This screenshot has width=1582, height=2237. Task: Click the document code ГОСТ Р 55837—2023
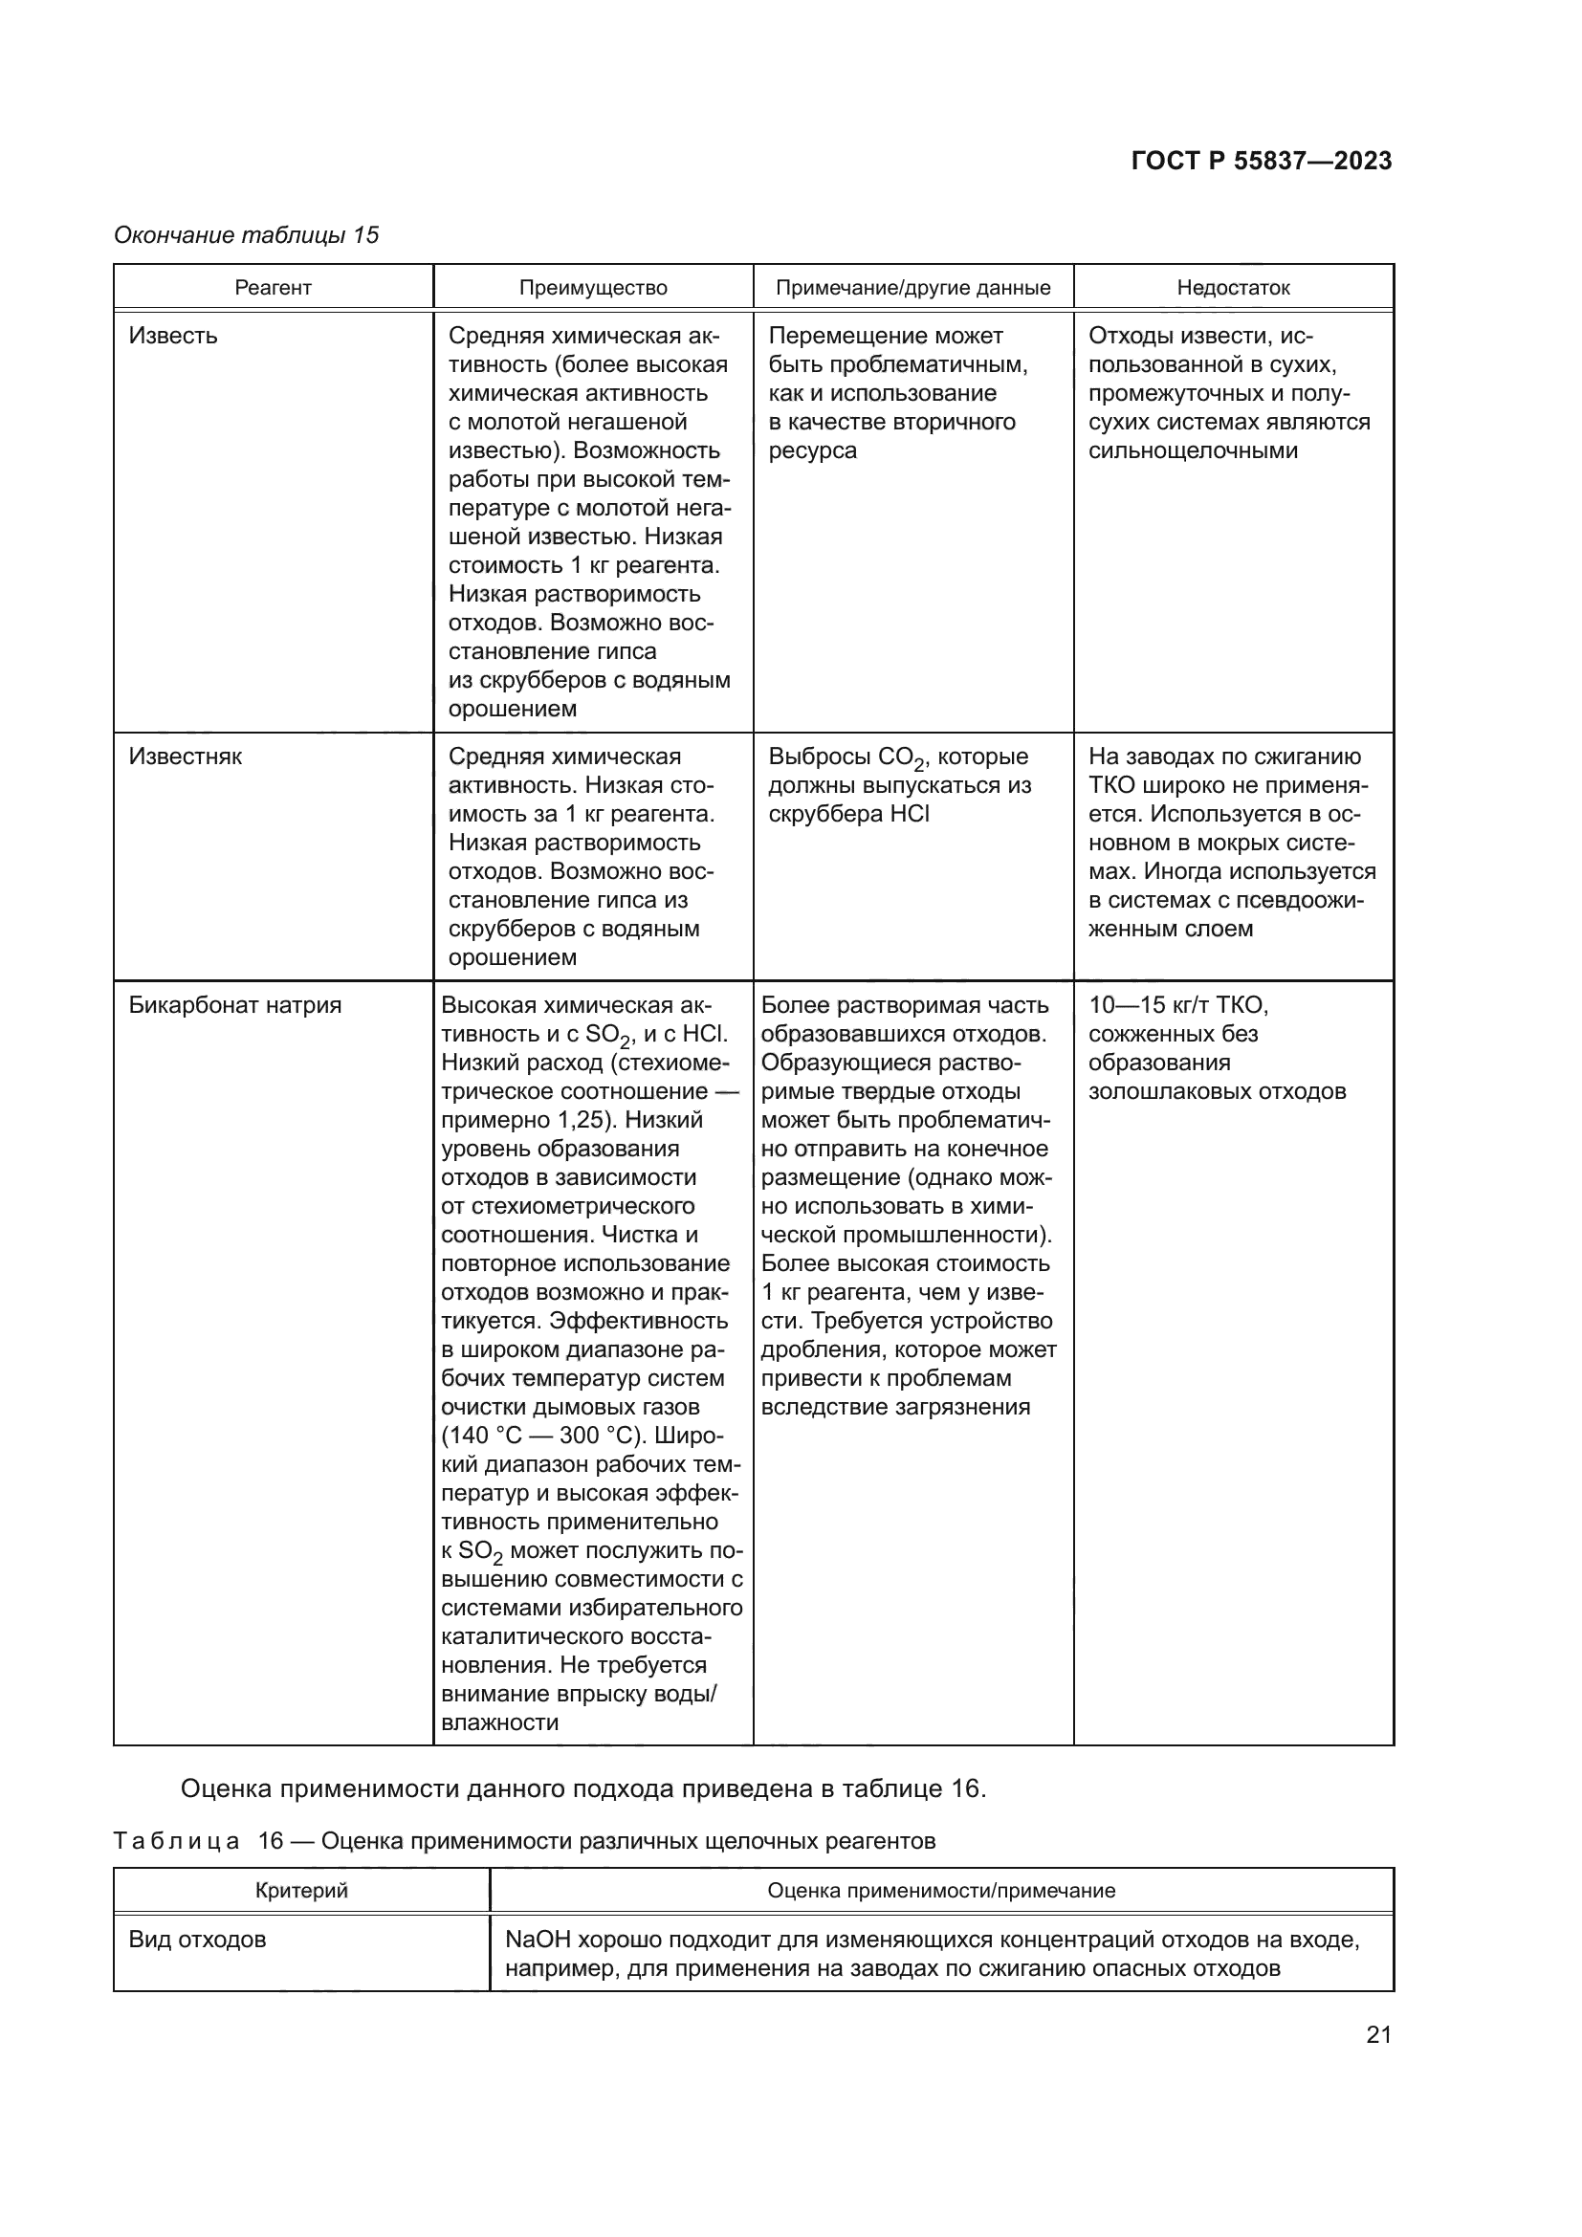tap(1261, 161)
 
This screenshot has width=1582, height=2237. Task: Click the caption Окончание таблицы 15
tap(246, 235)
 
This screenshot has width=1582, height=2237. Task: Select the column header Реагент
tap(273, 288)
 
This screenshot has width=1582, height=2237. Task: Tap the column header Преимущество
tap(592, 288)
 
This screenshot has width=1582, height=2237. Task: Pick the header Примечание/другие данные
tap(912, 288)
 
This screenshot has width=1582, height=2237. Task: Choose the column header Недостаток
tap(1232, 288)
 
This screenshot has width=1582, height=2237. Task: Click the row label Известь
tap(173, 336)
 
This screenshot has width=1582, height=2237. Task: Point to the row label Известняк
tap(186, 757)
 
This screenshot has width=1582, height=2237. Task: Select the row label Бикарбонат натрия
tap(234, 1005)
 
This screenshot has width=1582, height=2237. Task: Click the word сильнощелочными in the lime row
tap(1193, 451)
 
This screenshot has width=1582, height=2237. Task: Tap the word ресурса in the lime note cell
tap(811, 451)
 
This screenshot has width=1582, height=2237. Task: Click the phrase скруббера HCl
tap(847, 815)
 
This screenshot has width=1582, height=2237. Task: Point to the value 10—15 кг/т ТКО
tap(1177, 1005)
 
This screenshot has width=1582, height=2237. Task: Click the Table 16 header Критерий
tap(301, 1891)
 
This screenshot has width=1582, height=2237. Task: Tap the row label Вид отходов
tap(197, 1940)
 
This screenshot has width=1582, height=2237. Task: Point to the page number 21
tap(1378, 2034)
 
